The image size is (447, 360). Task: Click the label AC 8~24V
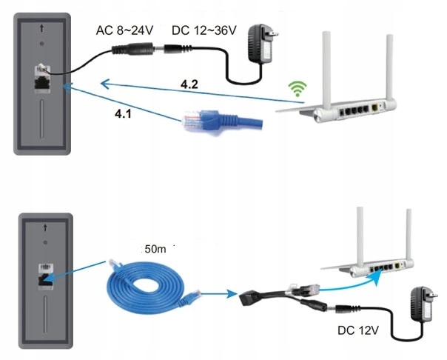[125, 30]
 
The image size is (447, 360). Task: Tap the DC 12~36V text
[204, 30]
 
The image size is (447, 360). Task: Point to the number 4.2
[189, 84]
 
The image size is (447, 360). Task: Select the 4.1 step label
[123, 114]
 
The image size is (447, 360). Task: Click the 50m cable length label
[155, 249]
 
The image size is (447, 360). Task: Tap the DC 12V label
[358, 330]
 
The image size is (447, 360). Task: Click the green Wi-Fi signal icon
[297, 88]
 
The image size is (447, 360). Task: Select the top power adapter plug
[261, 43]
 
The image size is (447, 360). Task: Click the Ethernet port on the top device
[42, 83]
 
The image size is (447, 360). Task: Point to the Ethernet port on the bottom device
[45, 279]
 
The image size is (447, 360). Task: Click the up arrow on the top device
[42, 28]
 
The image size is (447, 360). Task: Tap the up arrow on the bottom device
[45, 228]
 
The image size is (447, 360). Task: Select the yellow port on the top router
[374, 108]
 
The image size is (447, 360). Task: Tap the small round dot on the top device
[42, 44]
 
